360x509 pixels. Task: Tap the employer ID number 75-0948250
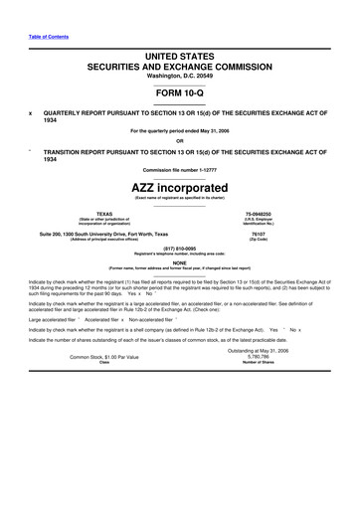[288, 213]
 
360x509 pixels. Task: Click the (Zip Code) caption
[288, 240]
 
